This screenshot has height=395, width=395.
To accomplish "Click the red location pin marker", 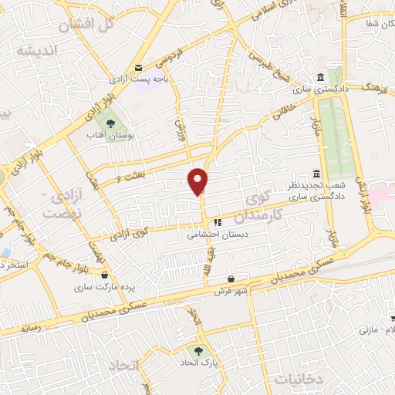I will coord(198,181).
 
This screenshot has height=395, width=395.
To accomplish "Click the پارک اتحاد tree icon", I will coord(200,352).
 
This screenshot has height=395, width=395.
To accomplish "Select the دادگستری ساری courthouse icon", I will coord(320,78).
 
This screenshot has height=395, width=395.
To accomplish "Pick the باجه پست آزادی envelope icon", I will coord(139,66).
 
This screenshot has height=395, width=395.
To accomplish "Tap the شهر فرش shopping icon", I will coord(231,279).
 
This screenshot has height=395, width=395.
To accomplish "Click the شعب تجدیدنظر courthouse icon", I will coord(316,174).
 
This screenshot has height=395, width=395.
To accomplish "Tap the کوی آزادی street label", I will coord(133,231).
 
